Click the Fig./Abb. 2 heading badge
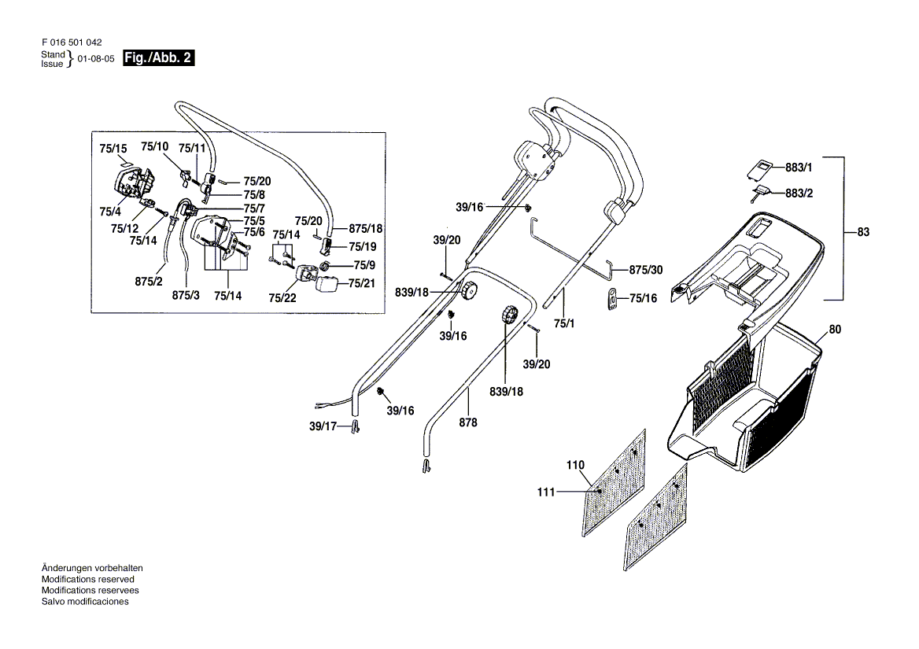159,58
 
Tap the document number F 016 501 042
71,42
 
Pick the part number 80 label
835,330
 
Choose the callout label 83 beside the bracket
863,232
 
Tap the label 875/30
646,270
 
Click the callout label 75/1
564,323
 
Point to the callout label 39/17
323,426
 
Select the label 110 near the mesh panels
576,465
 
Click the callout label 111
546,492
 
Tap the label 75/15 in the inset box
113,148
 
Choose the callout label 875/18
365,228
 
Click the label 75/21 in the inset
360,283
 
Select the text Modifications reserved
85,579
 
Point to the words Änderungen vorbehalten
91,568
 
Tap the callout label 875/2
148,281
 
